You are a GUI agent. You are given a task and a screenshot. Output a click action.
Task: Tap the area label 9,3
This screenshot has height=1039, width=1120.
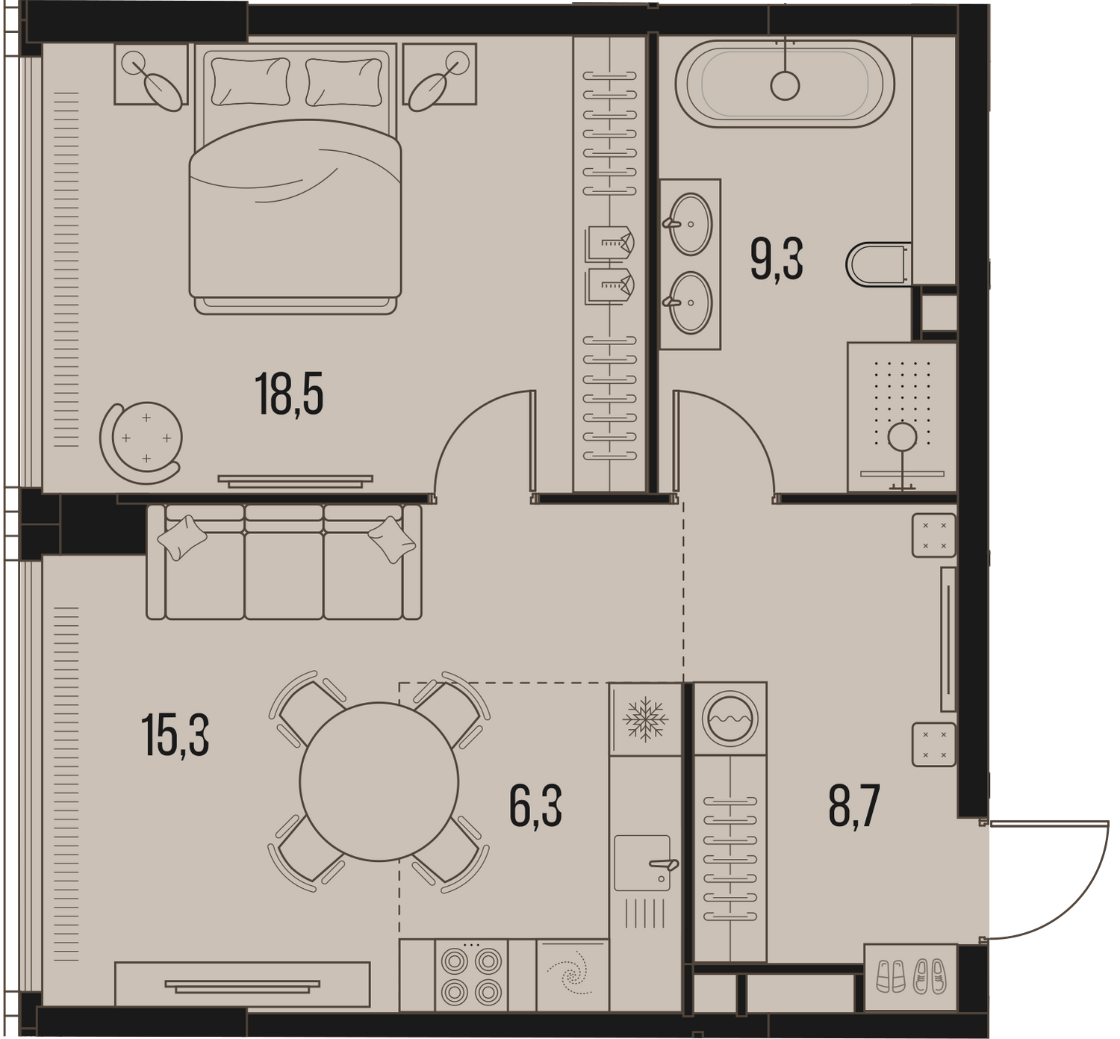coord(777,259)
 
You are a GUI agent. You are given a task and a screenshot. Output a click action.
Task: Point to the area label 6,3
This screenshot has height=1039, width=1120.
coord(536,807)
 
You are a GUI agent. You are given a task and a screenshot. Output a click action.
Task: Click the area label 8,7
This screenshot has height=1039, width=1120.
coord(854,807)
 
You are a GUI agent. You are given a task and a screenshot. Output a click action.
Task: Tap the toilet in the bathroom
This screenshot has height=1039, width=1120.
coord(879,264)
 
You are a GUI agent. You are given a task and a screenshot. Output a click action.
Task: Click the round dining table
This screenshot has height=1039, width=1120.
coord(379,781)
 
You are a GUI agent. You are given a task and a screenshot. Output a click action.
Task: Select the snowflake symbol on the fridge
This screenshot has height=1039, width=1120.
coord(645,719)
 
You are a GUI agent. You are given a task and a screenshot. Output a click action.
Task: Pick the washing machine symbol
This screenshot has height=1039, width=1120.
coord(729,719)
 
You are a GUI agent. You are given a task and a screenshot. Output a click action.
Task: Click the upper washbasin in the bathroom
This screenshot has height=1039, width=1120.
coord(690,224)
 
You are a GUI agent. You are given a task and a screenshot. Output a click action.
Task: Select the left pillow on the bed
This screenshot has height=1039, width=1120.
coord(251,81)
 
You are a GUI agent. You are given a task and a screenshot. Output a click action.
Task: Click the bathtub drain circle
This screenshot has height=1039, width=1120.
coord(785,86)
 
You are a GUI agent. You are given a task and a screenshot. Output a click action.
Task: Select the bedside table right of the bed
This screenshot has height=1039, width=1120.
coord(440,75)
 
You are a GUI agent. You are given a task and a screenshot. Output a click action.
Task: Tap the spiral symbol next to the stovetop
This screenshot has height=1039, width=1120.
coord(573,975)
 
